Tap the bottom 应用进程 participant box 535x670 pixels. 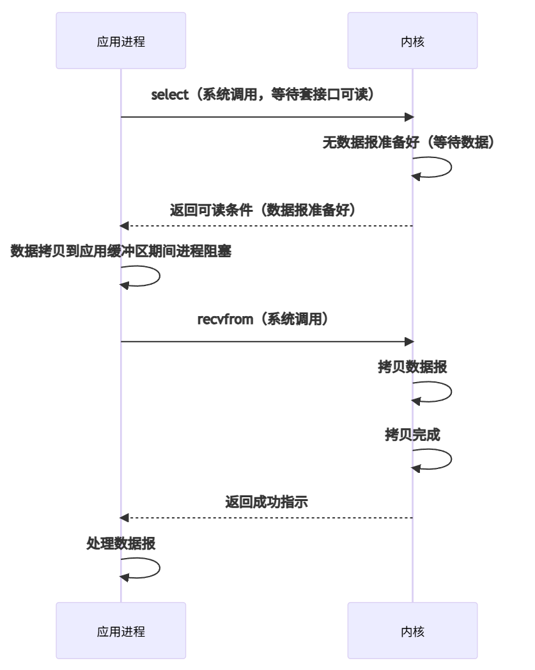(x=121, y=632)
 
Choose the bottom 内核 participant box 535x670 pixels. (x=412, y=632)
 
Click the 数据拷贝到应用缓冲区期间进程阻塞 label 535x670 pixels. (x=121, y=252)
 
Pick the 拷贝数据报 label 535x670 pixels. (x=412, y=367)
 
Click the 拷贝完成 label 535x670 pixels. (x=412, y=433)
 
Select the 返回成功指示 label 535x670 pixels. (x=267, y=501)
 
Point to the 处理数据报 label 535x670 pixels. (x=121, y=543)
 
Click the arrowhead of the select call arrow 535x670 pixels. (x=410, y=117)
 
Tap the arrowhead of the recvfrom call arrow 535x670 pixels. (x=410, y=341)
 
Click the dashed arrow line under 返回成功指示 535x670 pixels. (x=267, y=517)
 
